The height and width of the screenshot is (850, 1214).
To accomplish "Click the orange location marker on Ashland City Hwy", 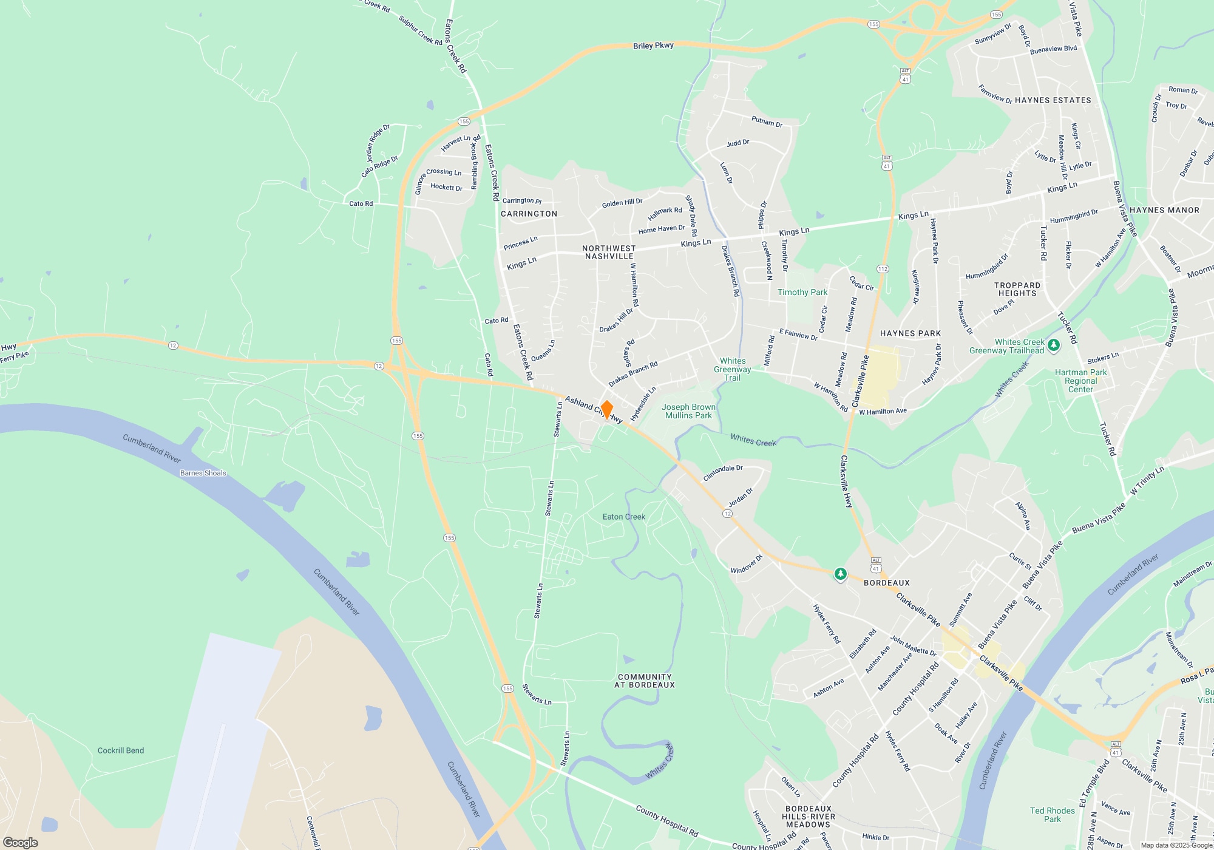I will (x=606, y=409).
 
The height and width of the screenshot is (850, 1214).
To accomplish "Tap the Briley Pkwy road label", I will (x=653, y=46).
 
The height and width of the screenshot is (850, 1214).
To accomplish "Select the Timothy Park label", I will (x=802, y=292).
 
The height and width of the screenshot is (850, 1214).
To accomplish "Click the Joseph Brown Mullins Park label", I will (x=688, y=412).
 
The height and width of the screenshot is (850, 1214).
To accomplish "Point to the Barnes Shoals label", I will (x=203, y=473).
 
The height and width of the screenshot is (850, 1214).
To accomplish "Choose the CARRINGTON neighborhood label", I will (x=529, y=214).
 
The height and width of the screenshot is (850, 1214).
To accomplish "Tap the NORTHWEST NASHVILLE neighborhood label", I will (x=609, y=253).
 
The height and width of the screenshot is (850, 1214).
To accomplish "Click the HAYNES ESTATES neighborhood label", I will (x=1053, y=100).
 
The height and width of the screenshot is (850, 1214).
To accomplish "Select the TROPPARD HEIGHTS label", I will (x=1017, y=289).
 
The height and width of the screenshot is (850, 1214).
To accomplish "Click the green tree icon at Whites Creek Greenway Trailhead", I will (x=1054, y=345).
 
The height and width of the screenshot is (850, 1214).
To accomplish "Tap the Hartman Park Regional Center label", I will (x=1080, y=381).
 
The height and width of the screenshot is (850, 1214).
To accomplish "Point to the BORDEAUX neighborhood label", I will (x=887, y=583).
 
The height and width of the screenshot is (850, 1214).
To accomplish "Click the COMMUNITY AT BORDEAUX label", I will (x=645, y=681).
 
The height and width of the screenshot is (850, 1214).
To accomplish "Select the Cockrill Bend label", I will (x=121, y=750).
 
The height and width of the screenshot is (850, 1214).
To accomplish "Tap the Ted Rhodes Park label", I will (x=1053, y=815).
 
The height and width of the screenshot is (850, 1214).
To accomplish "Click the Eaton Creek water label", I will (x=624, y=517).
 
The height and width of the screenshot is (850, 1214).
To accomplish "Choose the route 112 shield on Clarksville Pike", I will (x=883, y=269).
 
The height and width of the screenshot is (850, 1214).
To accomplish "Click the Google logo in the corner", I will (x=21, y=842).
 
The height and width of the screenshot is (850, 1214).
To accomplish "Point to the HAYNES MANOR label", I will (x=1164, y=210).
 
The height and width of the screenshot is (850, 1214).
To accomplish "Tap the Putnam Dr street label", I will (x=767, y=121).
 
